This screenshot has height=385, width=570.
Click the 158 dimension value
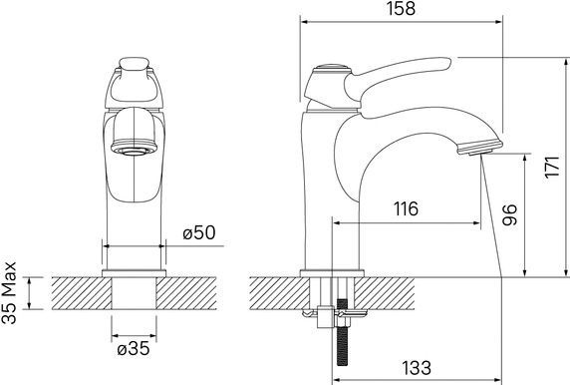coord(401,8)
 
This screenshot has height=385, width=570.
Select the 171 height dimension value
coord(551,167)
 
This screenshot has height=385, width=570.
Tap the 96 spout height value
coord(509,214)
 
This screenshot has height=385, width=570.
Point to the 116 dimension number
coord(406,208)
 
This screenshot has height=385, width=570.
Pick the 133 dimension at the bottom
coord(417,368)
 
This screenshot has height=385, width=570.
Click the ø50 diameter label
coord(199,232)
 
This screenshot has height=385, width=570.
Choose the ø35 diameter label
coord(134,349)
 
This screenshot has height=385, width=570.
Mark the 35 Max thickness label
coord(9,293)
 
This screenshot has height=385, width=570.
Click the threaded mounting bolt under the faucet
coord(342,332)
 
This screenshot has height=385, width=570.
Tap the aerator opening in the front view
coord(134,151)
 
